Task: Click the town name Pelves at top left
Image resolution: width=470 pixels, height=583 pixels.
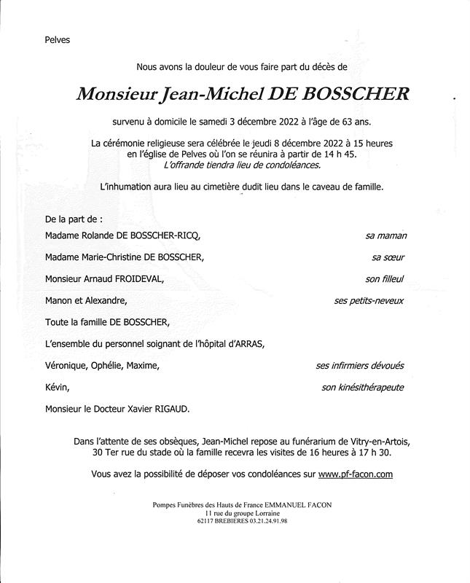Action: [57, 39]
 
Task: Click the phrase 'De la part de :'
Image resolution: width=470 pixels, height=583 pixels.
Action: [74, 218]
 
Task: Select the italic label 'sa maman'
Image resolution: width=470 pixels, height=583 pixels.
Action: [385, 236]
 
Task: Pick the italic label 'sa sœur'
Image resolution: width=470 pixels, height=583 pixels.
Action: [388, 257]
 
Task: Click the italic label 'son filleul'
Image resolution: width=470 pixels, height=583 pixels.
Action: [385, 278]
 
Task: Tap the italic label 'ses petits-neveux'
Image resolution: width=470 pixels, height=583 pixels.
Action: [369, 300]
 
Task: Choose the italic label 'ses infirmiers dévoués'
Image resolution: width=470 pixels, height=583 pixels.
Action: [359, 366]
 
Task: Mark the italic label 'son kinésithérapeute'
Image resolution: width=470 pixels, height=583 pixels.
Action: [362, 388]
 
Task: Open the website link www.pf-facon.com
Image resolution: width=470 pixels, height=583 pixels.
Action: [356, 474]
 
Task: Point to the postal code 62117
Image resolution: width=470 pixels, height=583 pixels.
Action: [209, 522]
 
